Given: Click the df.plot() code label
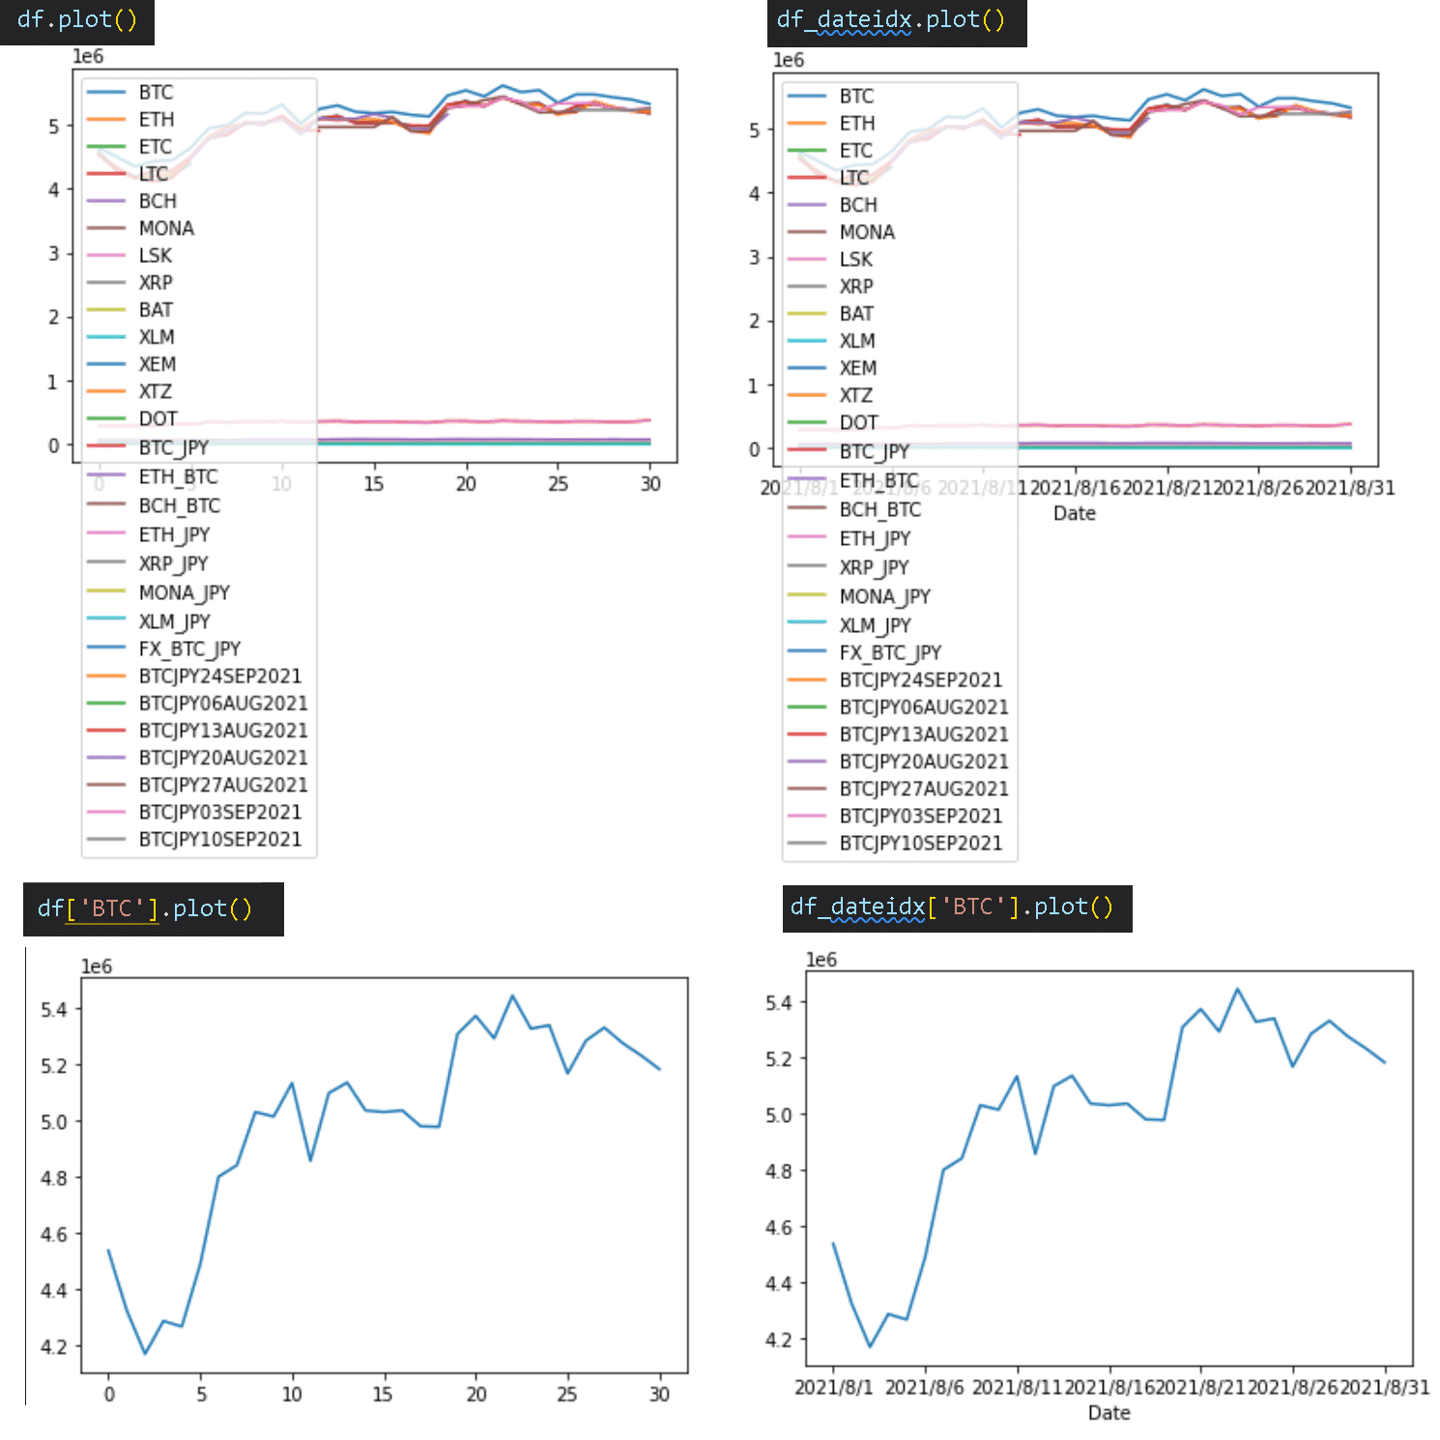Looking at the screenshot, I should click(x=76, y=20).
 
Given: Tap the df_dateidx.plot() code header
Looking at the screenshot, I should click(x=890, y=21).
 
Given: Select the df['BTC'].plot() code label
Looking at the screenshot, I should click(x=145, y=908).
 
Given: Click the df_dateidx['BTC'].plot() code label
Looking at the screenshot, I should click(x=952, y=907).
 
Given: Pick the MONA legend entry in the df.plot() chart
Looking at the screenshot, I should click(x=165, y=229).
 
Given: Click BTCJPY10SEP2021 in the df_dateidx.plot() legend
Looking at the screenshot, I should click(x=920, y=844).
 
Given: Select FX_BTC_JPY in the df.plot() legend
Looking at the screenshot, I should click(x=188, y=648).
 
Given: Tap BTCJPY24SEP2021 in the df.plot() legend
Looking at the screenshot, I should click(x=219, y=677).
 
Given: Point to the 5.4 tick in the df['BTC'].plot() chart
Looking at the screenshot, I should click(x=53, y=1010).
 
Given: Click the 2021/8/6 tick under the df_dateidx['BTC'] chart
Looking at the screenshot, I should click(x=924, y=1388).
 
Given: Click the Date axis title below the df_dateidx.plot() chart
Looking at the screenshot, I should click(x=1074, y=513).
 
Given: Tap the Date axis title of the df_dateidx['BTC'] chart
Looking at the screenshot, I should click(x=1109, y=1413).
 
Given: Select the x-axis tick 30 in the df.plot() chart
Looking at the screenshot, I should click(x=650, y=484).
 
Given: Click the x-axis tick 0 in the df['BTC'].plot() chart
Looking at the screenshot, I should click(x=108, y=1395).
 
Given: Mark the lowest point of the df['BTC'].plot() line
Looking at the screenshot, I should click(x=145, y=1353).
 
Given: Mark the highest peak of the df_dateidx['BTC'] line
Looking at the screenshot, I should click(x=1237, y=989).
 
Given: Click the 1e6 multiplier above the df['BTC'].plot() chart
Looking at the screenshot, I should click(x=96, y=966).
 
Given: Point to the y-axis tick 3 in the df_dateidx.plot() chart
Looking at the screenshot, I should click(x=755, y=258).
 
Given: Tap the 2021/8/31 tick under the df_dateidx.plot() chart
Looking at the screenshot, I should click(x=1350, y=488).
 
